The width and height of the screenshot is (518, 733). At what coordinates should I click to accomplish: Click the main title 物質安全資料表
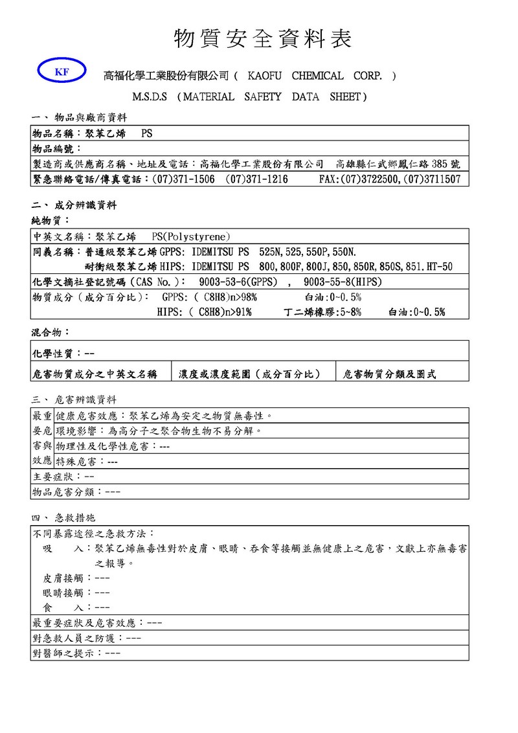pos(263,39)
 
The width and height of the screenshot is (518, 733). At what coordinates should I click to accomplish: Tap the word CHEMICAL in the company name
pos(317,76)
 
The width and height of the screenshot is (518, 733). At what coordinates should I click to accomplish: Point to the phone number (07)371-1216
pos(256,179)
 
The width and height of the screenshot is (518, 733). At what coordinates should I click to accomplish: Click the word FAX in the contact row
pos(329,179)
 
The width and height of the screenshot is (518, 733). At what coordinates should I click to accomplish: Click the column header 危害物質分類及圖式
pos(390,374)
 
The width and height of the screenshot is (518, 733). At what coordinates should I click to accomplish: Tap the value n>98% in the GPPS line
pos(242,297)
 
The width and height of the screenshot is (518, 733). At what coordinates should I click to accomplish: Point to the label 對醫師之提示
pos(66,653)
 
